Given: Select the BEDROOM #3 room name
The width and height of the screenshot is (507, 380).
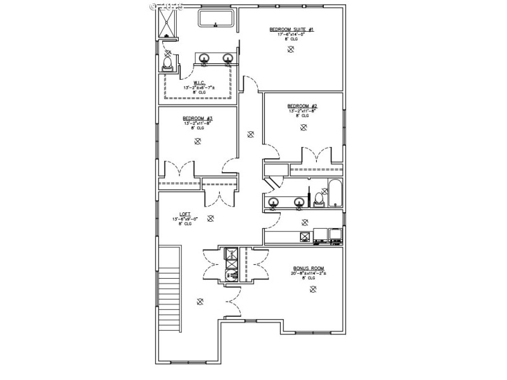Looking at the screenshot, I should click(x=197, y=118).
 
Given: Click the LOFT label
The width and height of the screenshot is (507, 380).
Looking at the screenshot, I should click(x=185, y=214).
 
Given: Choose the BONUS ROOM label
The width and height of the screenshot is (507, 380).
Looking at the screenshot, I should click(x=309, y=269).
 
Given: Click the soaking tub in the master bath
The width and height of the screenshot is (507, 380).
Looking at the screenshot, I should click(x=217, y=18).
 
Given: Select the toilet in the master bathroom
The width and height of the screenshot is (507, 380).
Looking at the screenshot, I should click(x=168, y=64).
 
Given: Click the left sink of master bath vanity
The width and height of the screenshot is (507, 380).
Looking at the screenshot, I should click(x=204, y=60).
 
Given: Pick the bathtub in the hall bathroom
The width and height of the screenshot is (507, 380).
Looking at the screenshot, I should click(x=335, y=194).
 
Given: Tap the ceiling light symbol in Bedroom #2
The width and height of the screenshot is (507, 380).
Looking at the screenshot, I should click(x=304, y=127).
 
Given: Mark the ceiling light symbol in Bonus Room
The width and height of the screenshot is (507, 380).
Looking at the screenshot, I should click(x=312, y=289).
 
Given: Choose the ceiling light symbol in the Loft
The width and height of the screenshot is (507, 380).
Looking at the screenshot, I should click(x=210, y=218).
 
